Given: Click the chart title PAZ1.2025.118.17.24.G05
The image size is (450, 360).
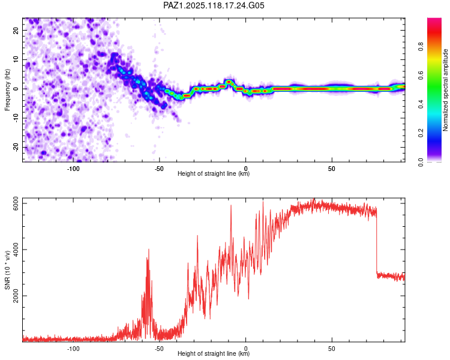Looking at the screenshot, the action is [214, 5].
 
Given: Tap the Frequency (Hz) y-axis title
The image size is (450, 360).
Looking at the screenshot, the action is [7, 90].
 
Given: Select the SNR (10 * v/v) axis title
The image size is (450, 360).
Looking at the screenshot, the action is [7, 270].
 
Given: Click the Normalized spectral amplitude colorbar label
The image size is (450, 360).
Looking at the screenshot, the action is [445, 90].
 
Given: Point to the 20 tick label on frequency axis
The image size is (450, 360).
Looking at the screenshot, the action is [16, 30].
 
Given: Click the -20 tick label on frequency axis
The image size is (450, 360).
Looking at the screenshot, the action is [16, 147].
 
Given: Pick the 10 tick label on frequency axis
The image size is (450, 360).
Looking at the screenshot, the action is [16, 59].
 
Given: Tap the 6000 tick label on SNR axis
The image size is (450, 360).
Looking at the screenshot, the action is [16, 203].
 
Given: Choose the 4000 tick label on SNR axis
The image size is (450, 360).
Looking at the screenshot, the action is [16, 250].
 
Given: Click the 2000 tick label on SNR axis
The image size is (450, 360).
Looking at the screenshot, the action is [16, 296].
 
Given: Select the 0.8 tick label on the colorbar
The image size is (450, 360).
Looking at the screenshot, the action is [421, 46].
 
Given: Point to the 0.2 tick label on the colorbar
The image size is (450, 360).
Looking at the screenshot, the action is [421, 133].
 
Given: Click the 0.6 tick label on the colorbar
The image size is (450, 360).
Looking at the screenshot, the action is [421, 75].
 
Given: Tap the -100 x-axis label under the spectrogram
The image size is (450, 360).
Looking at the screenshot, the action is [73, 169].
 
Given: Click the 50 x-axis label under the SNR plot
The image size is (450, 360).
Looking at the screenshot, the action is [332, 349].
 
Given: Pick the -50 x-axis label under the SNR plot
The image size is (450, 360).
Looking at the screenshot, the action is [159, 349].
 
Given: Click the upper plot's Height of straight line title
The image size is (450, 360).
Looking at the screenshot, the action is [214, 173].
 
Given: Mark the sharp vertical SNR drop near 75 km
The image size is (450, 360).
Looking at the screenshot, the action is [377, 241].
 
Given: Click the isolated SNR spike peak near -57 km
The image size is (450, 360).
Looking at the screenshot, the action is [149, 250].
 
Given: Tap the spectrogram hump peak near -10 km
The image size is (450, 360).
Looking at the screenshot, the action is [229, 82].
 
